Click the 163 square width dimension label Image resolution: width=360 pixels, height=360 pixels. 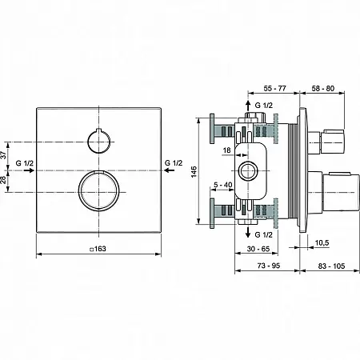tap(98, 249)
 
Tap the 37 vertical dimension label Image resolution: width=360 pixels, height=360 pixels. tap(3, 155)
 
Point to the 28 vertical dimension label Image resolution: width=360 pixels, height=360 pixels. tap(3, 180)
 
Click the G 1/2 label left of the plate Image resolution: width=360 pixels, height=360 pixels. tap(25, 163)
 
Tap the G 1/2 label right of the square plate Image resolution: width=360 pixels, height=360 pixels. tap(174, 162)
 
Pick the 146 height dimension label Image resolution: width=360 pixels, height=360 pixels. tap(194, 171)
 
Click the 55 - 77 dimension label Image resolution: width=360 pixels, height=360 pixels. tap(274, 88)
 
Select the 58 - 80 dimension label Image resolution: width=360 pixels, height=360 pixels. tap(323, 88)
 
